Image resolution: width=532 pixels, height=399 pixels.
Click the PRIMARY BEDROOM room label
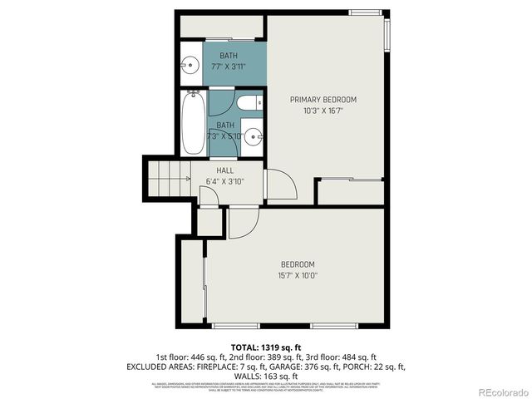pos(328,100)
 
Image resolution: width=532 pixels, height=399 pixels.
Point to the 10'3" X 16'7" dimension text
pos(328,110)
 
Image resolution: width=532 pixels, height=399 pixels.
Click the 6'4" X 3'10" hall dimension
pos(225,180)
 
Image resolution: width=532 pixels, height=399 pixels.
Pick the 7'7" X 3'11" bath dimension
pos(228,66)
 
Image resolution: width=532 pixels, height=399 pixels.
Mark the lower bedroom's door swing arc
pos(243,223)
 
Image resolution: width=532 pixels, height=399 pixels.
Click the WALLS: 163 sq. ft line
pos(265,376)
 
